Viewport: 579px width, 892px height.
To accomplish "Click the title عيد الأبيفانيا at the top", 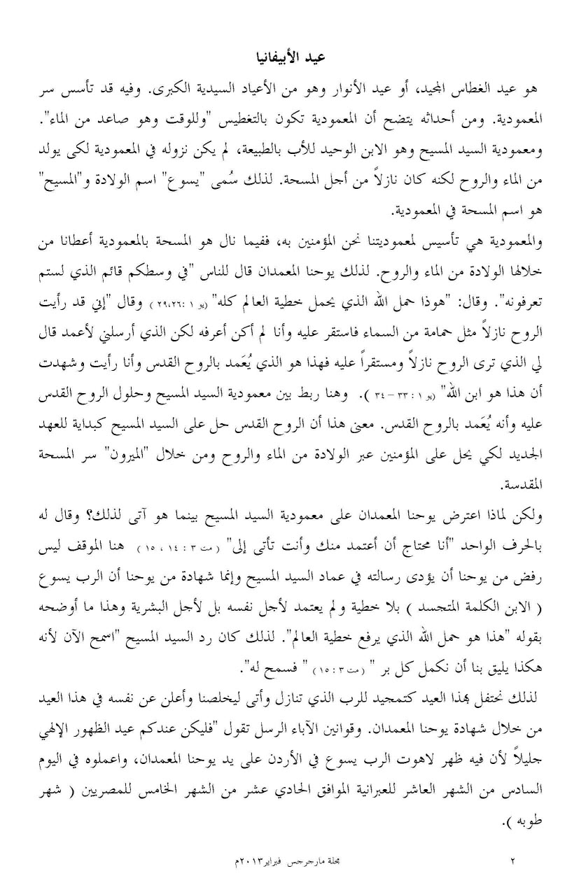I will point(289,57).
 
